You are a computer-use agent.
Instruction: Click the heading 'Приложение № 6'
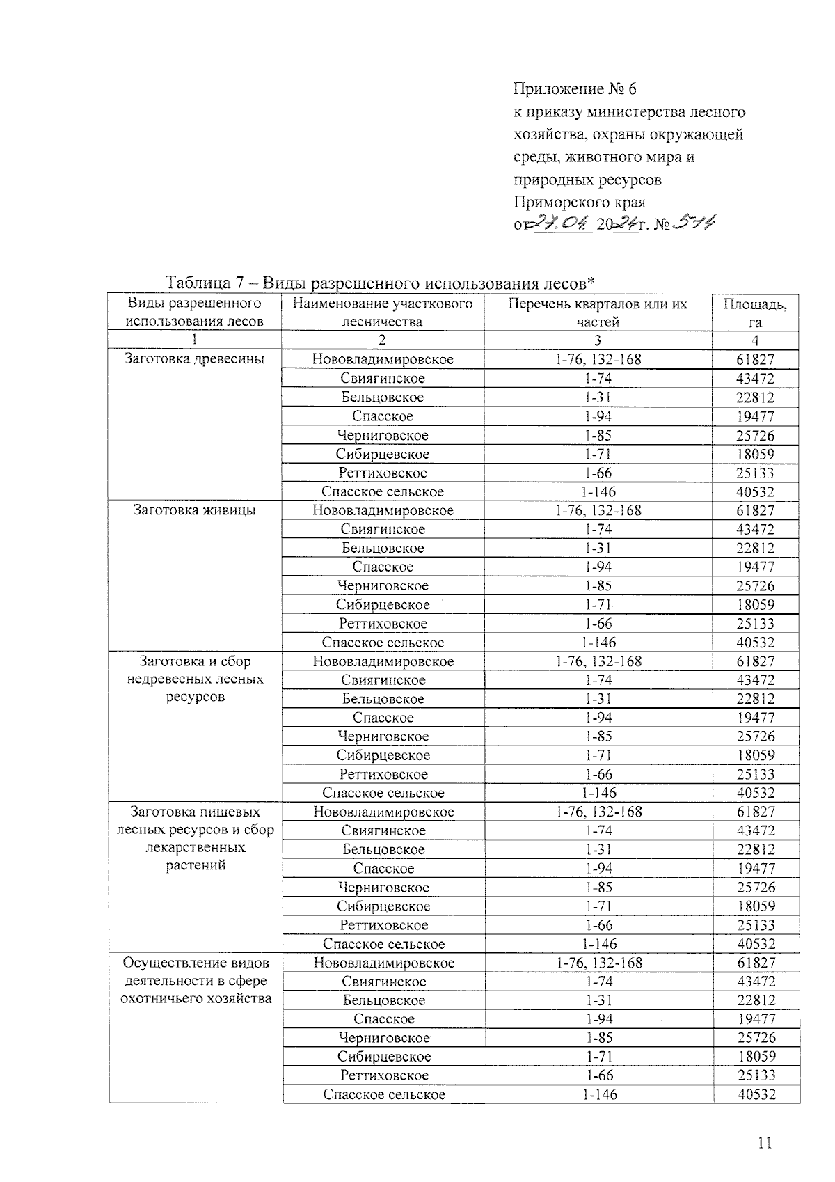[x=575, y=89]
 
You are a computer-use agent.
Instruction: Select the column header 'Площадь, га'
[x=755, y=313]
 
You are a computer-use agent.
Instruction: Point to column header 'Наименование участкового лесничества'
[x=382, y=313]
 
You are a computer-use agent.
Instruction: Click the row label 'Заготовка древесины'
[x=194, y=359]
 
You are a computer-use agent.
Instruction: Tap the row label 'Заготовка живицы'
[x=194, y=510]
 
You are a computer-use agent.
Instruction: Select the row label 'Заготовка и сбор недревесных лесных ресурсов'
[x=196, y=679]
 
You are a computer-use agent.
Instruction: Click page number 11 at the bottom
[x=765, y=1143]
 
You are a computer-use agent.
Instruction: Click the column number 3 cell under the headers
[x=598, y=340]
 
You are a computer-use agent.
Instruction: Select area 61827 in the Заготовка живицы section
[x=755, y=510]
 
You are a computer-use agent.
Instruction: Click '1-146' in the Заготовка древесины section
[x=598, y=491]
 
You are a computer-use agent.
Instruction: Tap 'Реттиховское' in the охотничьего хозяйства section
[x=383, y=1075]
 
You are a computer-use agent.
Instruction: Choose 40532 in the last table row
[x=756, y=1094]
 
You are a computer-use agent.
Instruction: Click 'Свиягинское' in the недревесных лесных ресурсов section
[x=383, y=680]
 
